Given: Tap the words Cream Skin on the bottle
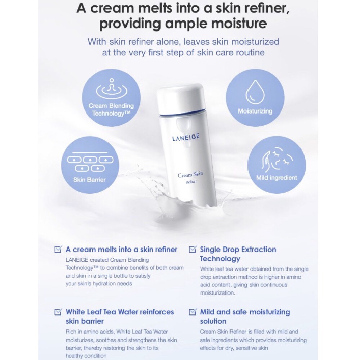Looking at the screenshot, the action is point(190,175).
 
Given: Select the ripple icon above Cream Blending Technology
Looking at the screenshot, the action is point(112,88).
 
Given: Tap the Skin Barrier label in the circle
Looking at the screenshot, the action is point(90,180).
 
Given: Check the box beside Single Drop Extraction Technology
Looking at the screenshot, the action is point(192,249).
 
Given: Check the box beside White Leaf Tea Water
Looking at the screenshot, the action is point(58,312).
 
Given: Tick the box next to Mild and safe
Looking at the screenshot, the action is point(192,312).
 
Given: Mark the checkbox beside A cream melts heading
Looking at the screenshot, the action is point(58,249).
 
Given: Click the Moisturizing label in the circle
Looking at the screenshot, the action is point(255,111).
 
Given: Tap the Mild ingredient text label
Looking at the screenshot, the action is point(276,177).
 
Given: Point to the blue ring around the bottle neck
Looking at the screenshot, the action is point(180,114).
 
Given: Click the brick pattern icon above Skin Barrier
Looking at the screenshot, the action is point(90,162).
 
